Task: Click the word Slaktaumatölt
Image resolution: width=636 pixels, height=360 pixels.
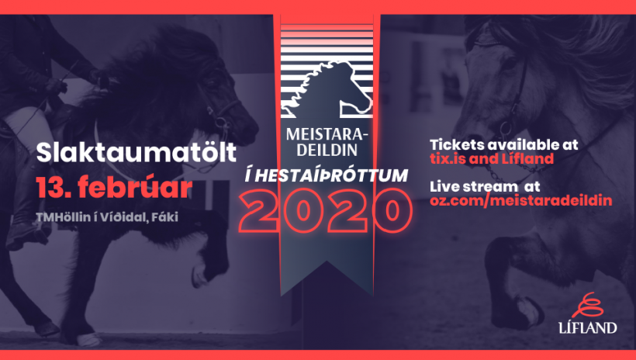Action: coord(137,152)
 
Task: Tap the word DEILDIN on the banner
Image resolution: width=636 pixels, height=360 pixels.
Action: coord(327,150)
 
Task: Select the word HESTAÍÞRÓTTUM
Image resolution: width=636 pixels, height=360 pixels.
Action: coord(331,176)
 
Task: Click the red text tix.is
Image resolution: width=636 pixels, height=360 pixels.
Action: coord(448,158)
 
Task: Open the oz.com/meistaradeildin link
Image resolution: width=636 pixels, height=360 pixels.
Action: coord(520,200)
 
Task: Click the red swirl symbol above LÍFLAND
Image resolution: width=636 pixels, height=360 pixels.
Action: coord(588,305)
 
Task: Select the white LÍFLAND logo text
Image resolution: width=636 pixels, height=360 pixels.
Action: coord(588,327)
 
